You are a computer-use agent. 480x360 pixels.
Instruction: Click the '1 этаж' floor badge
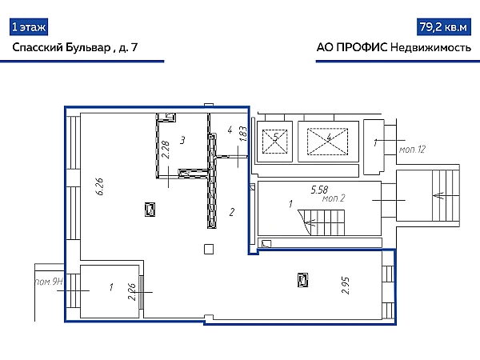29,27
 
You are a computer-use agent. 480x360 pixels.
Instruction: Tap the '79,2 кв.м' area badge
443,27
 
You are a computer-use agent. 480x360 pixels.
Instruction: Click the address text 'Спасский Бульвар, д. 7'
75,47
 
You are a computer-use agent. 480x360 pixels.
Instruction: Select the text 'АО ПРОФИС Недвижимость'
394,47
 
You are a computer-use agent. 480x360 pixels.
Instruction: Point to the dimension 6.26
99,186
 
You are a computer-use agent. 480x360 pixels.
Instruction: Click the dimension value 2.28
166,150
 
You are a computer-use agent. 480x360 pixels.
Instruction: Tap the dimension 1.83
243,134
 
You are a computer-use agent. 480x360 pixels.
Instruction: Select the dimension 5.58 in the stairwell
319,190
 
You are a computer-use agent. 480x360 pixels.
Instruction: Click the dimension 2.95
346,286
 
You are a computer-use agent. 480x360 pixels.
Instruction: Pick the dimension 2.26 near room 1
132,292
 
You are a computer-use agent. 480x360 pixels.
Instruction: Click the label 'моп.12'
412,150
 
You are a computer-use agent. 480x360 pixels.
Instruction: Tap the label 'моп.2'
334,198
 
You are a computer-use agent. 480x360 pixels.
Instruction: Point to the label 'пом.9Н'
49,282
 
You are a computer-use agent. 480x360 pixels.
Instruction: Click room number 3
182,140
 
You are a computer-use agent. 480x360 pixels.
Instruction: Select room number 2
232,212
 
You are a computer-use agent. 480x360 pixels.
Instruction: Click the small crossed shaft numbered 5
275,142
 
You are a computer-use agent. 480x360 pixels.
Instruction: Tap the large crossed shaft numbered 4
328,142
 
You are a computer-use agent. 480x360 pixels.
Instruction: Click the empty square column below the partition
209,249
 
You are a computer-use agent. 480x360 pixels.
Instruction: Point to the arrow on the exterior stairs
440,194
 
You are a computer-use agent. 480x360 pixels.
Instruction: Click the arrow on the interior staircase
311,222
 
